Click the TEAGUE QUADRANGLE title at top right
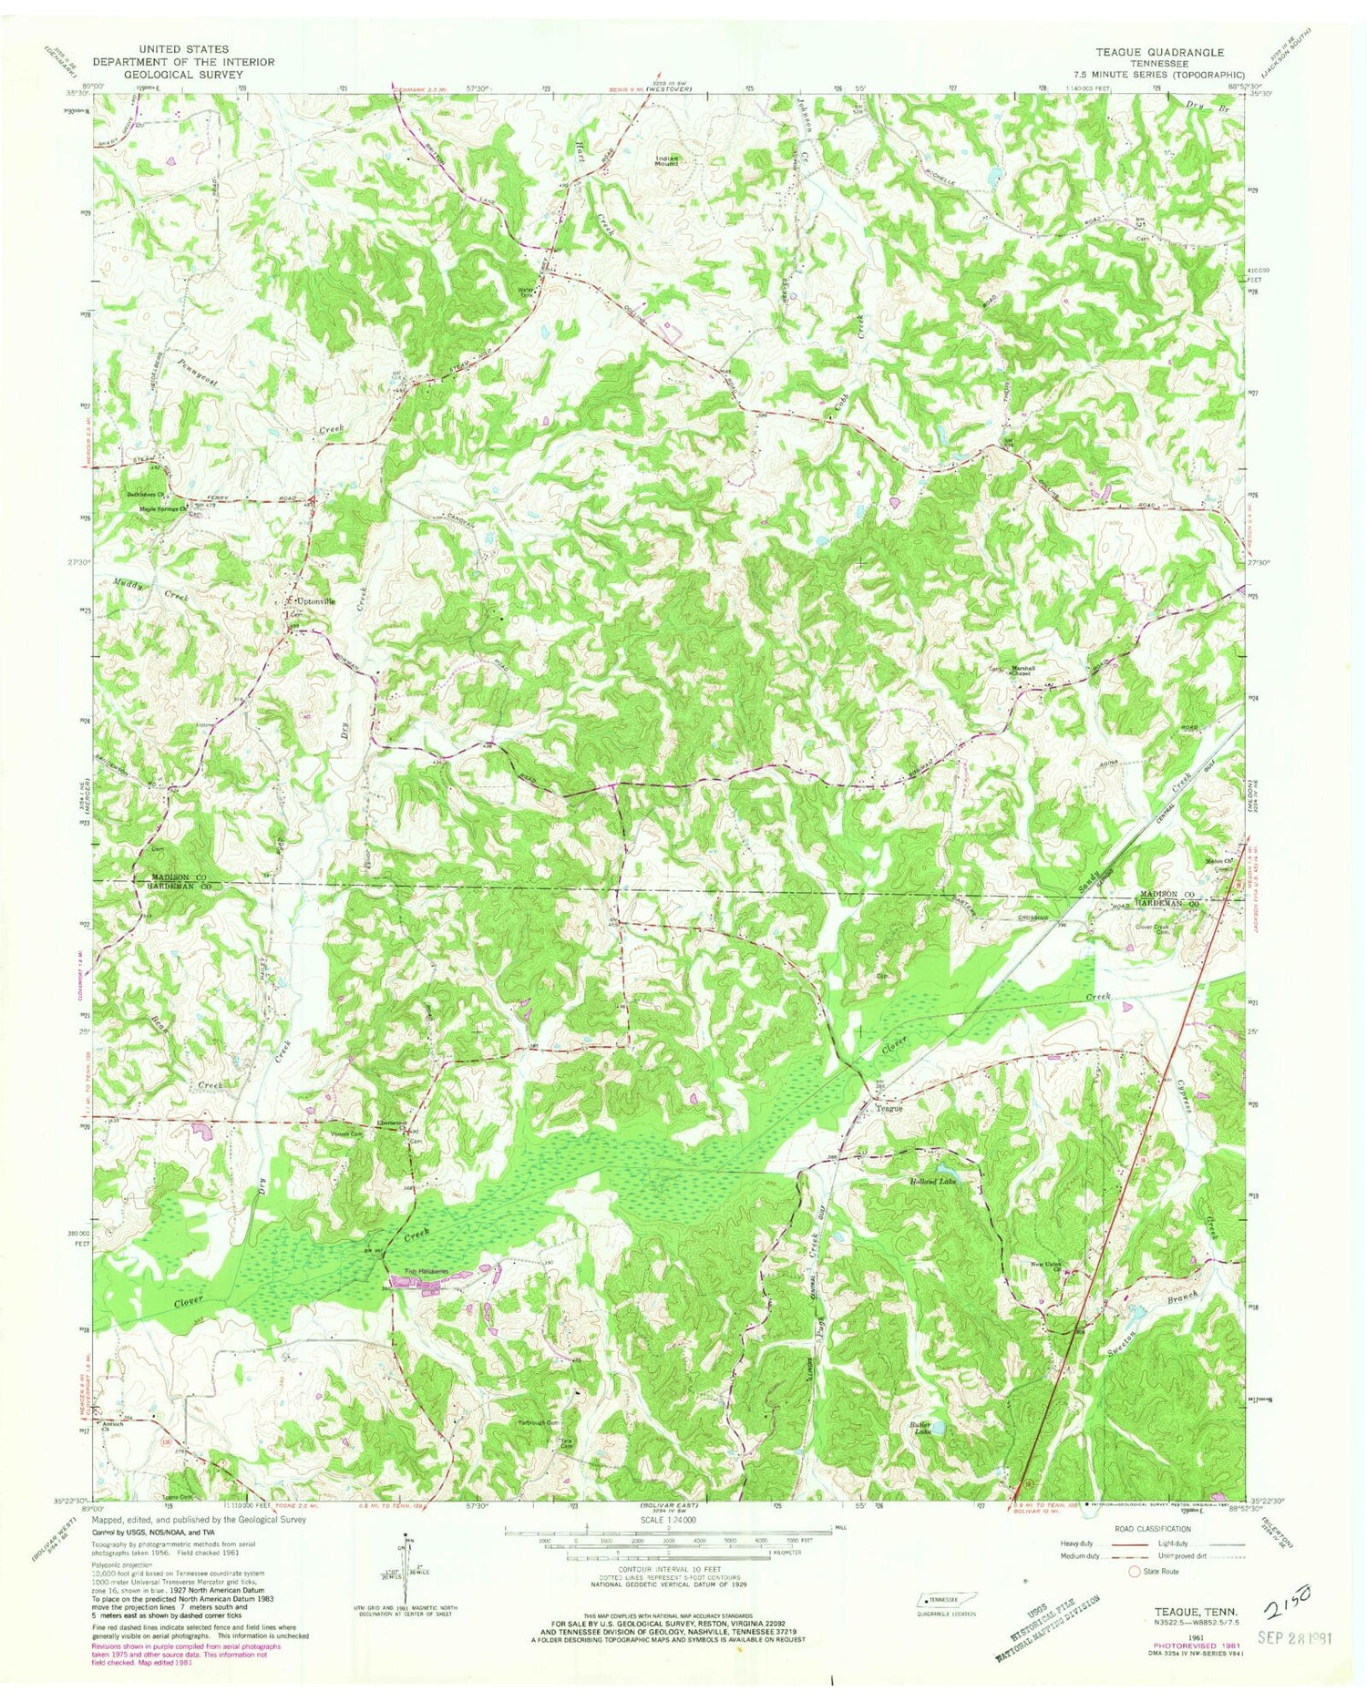(x=1165, y=53)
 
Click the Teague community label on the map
(x=884, y=1109)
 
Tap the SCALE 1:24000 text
(x=670, y=1521)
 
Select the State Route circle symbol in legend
(x=1135, y=1571)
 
